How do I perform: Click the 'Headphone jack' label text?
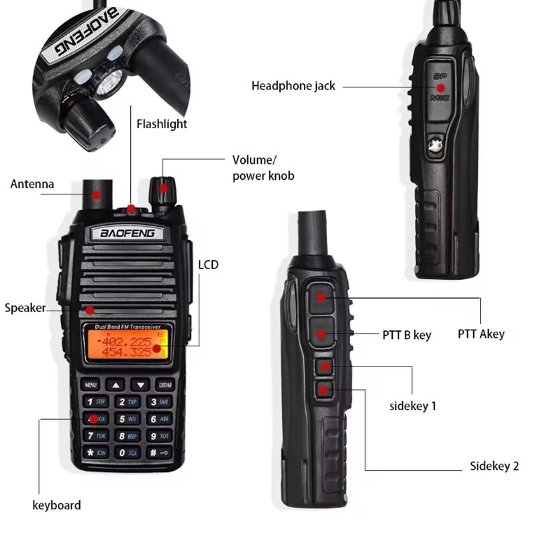[x=293, y=86]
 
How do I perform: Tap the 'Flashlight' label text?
[x=162, y=124]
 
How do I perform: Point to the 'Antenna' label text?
[x=32, y=184]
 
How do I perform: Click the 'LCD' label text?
[x=208, y=265]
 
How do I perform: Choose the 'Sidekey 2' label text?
[x=494, y=467]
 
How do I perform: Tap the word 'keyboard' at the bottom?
[x=56, y=505]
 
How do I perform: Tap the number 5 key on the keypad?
[x=127, y=419]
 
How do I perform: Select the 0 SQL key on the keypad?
[x=127, y=452]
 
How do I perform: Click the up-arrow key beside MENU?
[x=117, y=385]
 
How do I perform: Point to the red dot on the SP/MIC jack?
[x=441, y=87]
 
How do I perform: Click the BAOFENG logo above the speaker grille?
[x=128, y=234]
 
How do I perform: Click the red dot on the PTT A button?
[x=322, y=297]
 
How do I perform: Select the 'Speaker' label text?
[x=26, y=308]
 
